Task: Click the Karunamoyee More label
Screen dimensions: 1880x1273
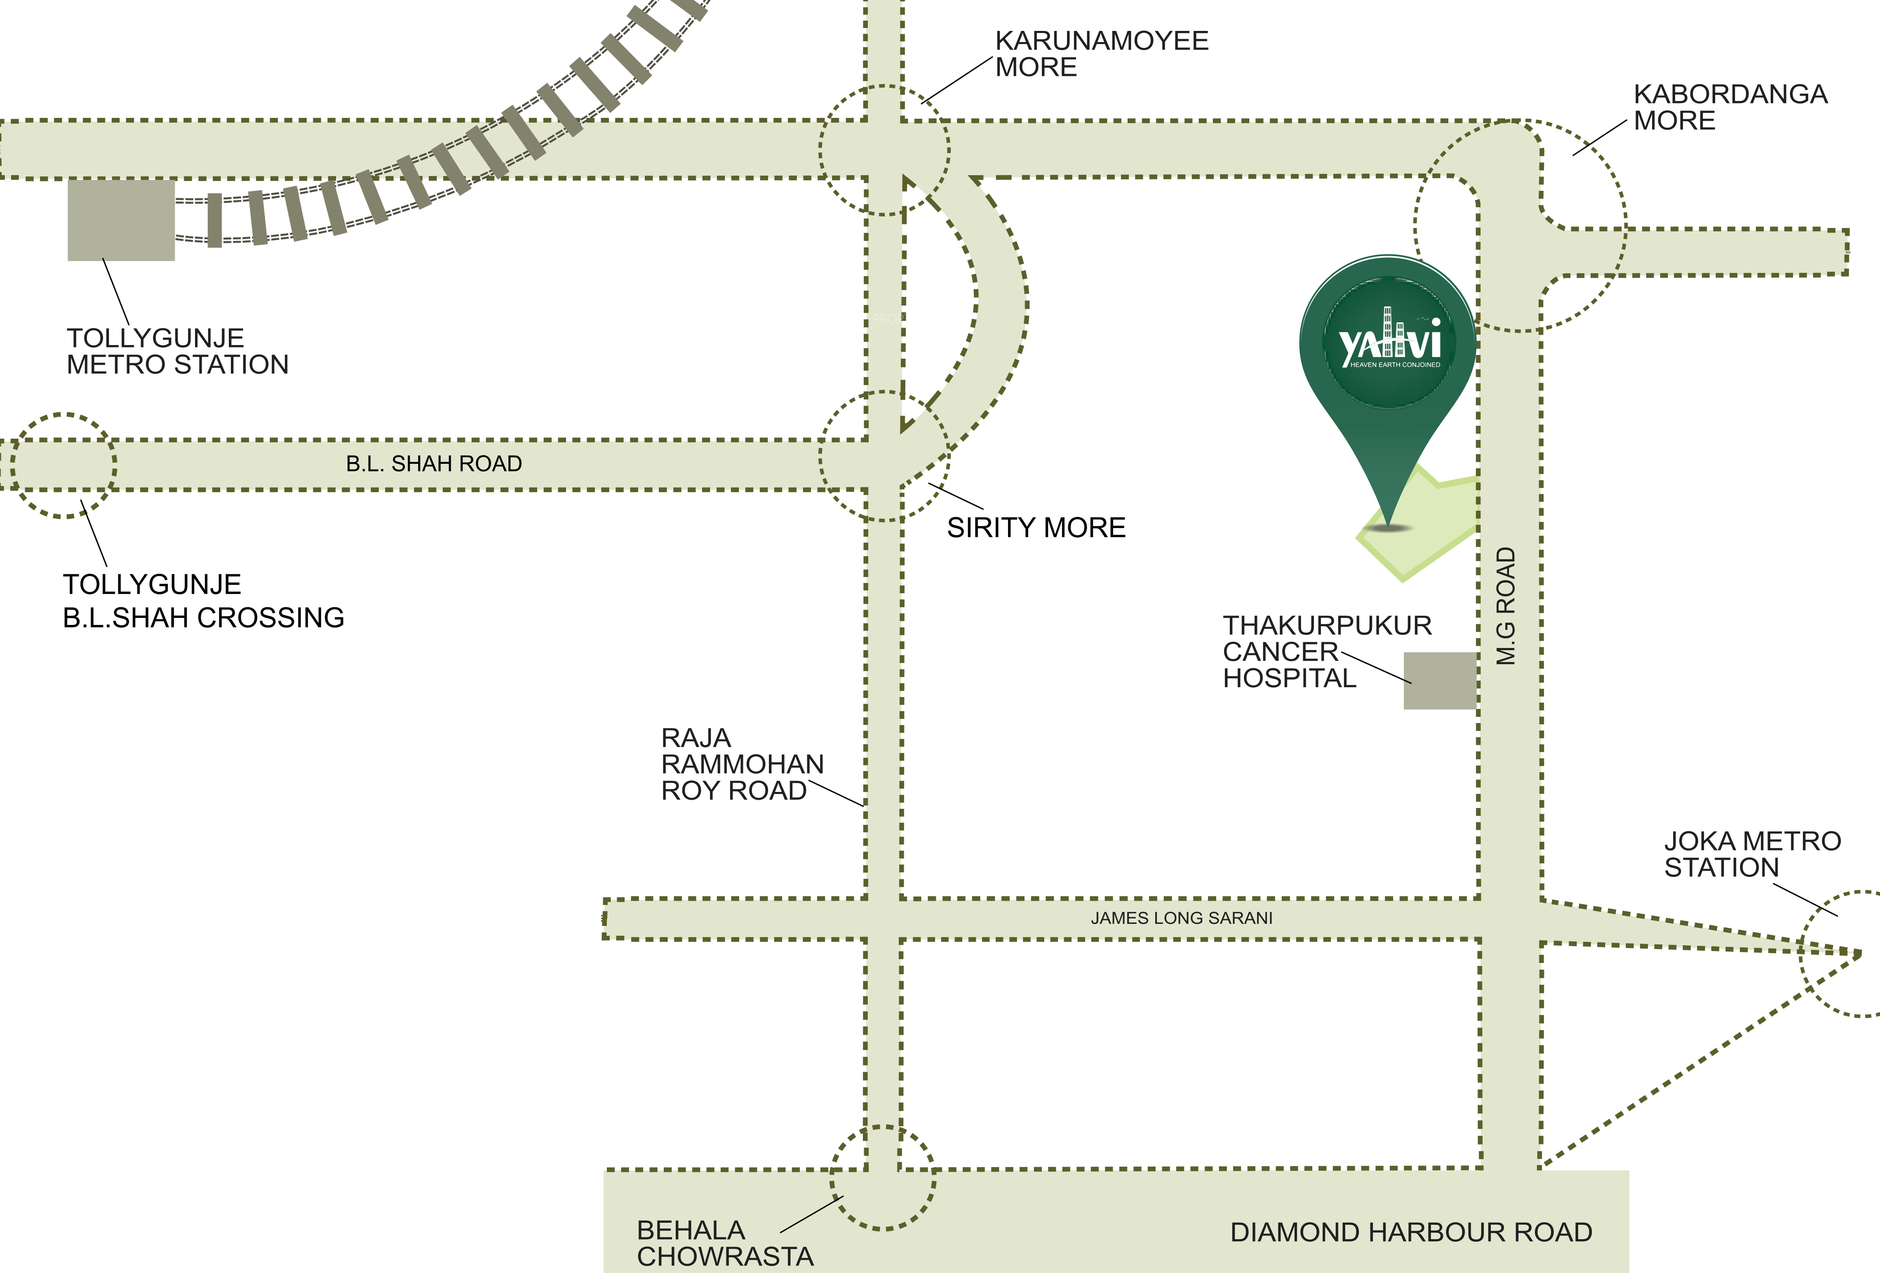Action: pyautogui.click(x=1102, y=53)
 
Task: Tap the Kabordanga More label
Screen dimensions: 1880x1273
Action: pyautogui.click(x=1730, y=107)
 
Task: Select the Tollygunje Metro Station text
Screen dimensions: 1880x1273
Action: pyautogui.click(x=177, y=351)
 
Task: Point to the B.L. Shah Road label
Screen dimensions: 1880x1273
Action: pyautogui.click(x=435, y=463)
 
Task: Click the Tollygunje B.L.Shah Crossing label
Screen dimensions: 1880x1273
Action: pyautogui.click(x=204, y=601)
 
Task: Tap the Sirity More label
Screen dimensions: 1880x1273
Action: pyautogui.click(x=1036, y=527)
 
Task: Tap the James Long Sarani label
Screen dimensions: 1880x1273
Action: pyautogui.click(x=1181, y=918)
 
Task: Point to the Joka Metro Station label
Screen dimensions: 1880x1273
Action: pyautogui.click(x=1752, y=854)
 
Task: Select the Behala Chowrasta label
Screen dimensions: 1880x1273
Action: pyautogui.click(x=725, y=1243)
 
